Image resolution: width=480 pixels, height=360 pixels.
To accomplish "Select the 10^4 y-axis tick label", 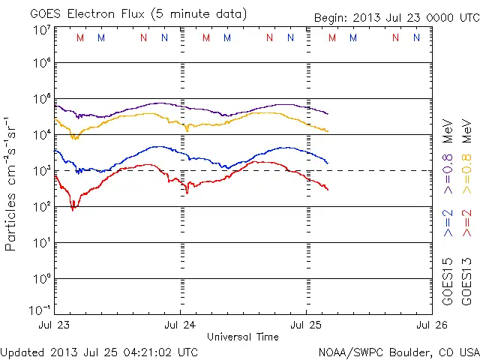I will [x=41, y=135].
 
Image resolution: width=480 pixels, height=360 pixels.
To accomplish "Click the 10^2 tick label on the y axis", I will [x=41, y=207].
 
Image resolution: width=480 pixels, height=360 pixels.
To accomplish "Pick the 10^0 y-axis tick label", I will [x=41, y=279].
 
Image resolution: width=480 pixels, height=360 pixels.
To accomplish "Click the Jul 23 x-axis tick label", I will [x=55, y=325].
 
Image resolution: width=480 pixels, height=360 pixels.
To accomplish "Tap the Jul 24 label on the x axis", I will [x=181, y=325].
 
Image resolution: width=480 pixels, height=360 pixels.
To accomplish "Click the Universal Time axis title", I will [x=243, y=337].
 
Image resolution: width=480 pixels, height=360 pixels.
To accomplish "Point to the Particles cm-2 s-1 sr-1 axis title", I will [x=12, y=183].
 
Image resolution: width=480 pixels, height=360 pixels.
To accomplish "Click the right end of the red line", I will [x=328, y=189].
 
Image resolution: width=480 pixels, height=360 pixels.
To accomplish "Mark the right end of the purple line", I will [x=328, y=113].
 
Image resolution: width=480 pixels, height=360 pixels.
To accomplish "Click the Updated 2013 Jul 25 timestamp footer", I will [x=100, y=352].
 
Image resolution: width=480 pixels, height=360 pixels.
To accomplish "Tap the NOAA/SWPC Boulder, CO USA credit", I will [x=397, y=352].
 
